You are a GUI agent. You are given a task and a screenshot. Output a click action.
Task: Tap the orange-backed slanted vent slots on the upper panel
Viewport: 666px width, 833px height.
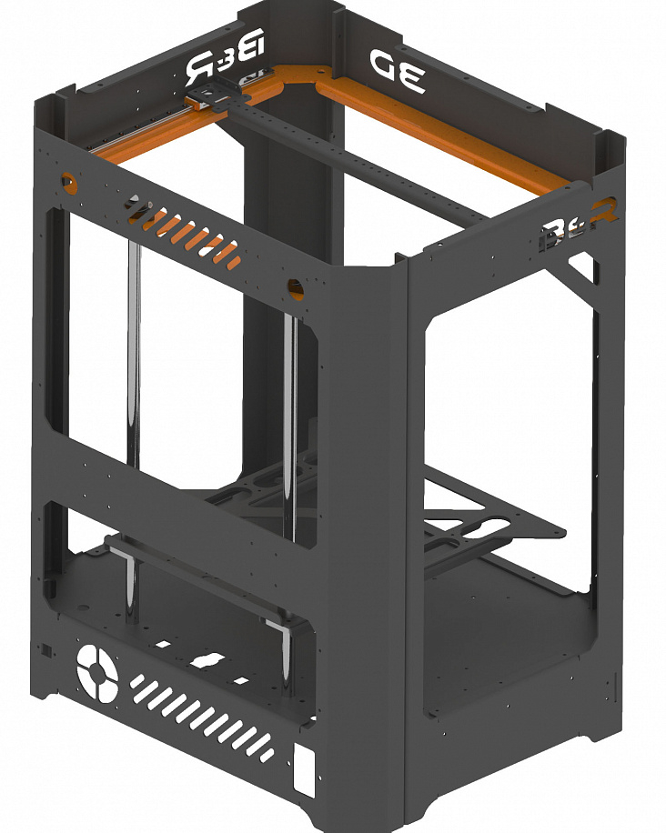(192, 236)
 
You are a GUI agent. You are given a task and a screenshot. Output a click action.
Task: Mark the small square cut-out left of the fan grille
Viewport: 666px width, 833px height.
(42, 650)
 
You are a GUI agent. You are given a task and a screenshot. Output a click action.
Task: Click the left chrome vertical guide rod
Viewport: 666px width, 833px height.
(134, 355)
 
